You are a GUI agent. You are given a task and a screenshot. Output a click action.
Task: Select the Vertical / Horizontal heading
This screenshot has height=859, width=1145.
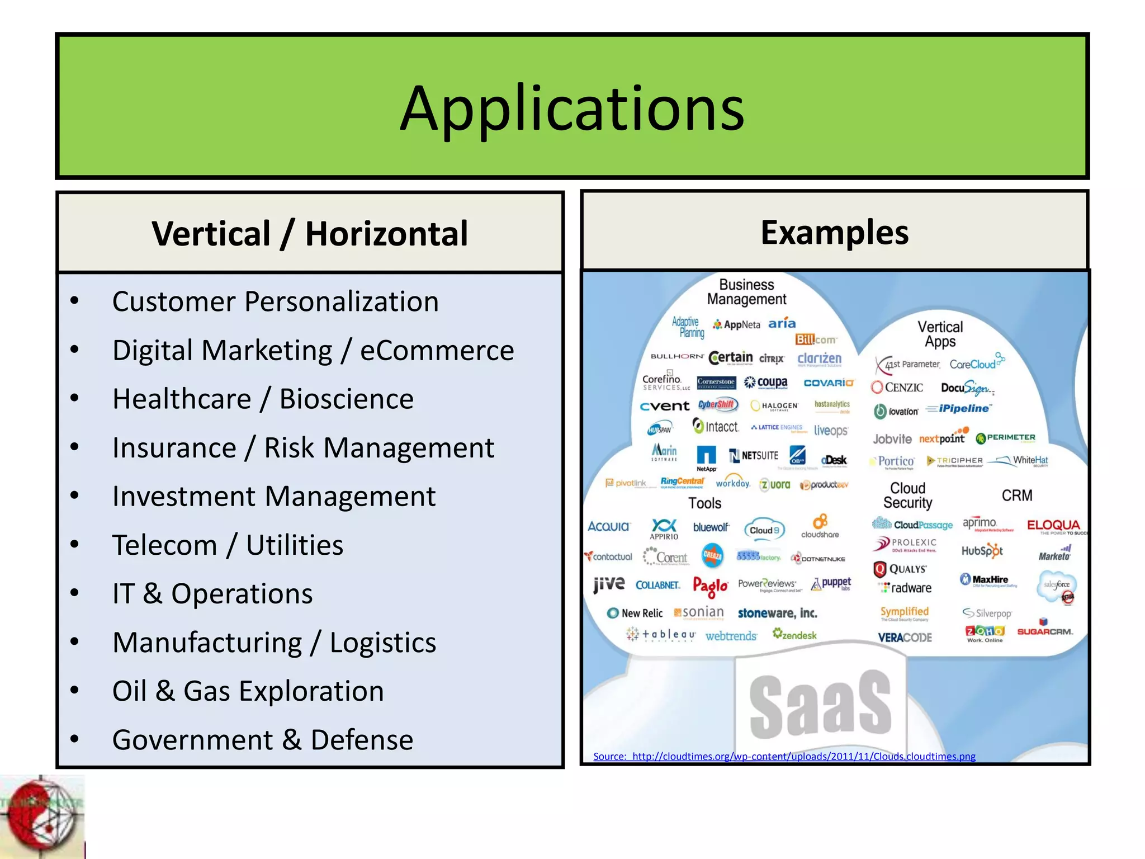click(310, 233)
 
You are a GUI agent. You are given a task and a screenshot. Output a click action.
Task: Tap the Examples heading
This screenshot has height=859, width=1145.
click(834, 232)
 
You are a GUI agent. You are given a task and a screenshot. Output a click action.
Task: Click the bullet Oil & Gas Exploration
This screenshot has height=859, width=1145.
click(248, 691)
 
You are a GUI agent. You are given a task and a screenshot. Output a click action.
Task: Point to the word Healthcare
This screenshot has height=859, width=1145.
click(182, 399)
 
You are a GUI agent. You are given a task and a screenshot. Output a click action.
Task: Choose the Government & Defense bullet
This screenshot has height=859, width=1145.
click(262, 739)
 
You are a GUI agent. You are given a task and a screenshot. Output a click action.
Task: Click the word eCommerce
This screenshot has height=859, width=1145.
click(437, 351)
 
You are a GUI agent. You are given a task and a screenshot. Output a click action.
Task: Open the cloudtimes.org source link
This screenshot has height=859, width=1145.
click(784, 756)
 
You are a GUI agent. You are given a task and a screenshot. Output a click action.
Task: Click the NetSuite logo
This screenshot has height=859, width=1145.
click(754, 456)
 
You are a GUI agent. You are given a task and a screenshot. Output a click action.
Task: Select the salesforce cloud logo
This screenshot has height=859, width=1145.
click(1057, 585)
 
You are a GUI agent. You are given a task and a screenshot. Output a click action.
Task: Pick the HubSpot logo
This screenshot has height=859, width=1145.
click(982, 551)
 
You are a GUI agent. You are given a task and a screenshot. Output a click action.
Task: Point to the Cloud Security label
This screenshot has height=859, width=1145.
click(907, 495)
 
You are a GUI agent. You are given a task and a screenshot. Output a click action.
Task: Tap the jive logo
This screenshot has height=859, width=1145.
click(609, 584)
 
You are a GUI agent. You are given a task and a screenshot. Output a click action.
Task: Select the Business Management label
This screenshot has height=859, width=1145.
click(746, 292)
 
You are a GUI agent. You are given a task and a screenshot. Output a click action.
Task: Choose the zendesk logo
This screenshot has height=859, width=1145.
click(794, 635)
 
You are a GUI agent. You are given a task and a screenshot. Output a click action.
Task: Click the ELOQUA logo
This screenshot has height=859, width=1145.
click(1053, 525)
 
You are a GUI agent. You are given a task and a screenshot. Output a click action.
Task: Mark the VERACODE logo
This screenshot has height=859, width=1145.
click(905, 638)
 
